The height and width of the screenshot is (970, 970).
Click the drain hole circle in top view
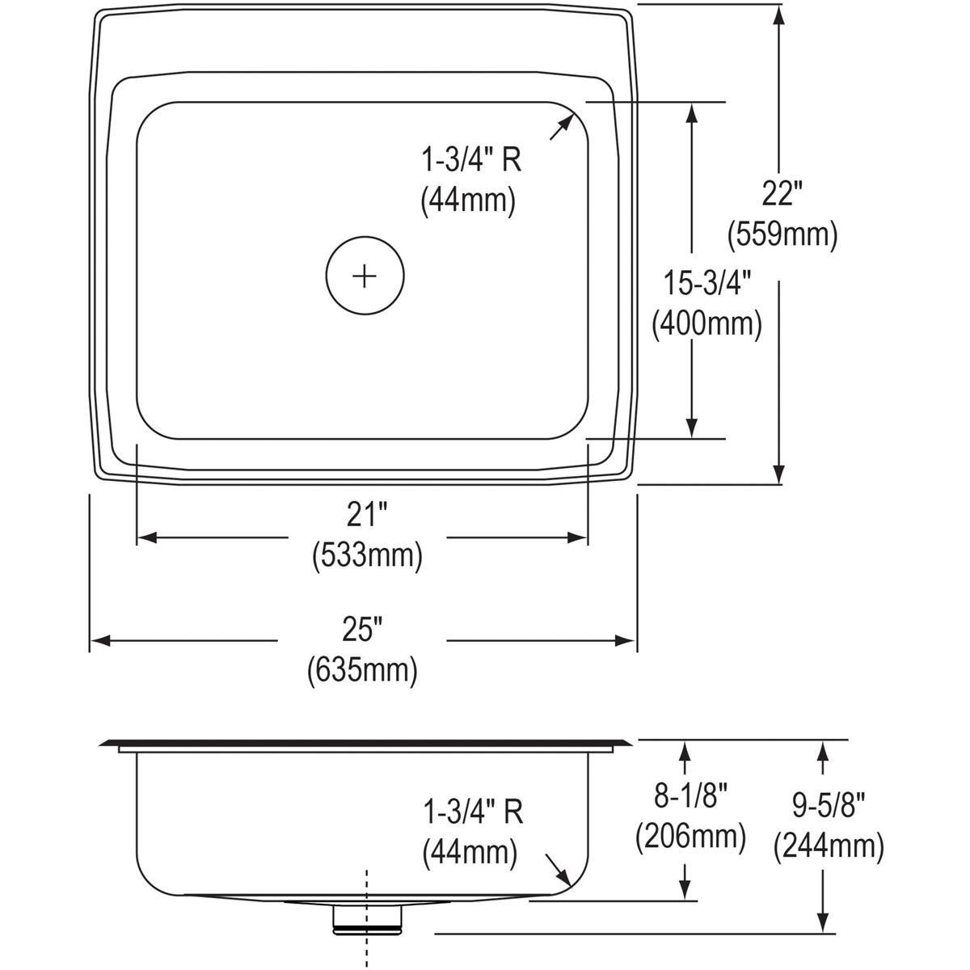click(x=365, y=276)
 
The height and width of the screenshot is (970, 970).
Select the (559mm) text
click(x=781, y=234)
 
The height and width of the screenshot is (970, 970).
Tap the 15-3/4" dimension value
click(x=708, y=284)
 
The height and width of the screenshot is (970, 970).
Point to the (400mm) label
click(x=707, y=324)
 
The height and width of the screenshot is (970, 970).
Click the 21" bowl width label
click(x=369, y=515)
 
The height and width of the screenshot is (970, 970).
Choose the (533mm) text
click(x=368, y=555)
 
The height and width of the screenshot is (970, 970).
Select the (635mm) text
click(x=362, y=670)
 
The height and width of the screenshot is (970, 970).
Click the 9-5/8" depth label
click(x=828, y=806)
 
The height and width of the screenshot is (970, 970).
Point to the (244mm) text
click(x=828, y=846)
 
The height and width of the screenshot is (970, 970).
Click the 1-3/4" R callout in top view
click(x=471, y=160)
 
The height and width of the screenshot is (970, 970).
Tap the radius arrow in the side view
click(x=556, y=869)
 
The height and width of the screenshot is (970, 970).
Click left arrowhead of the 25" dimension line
click(x=97, y=641)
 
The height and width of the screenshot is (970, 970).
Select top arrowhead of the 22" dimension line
click(x=778, y=13)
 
